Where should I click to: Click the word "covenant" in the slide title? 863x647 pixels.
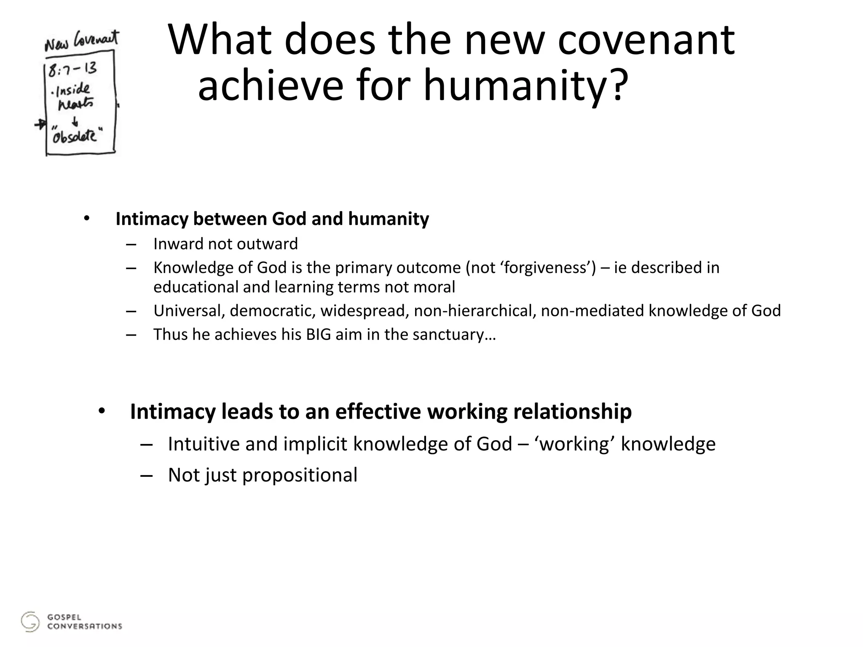pyautogui.click(x=646, y=40)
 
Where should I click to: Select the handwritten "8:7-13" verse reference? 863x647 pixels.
pyautogui.click(x=72, y=69)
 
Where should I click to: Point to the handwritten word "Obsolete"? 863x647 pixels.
pyautogui.click(x=75, y=136)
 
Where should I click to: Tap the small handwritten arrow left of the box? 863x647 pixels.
pyautogui.click(x=40, y=124)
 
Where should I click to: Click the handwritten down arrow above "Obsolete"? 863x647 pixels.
pyautogui.click(x=75, y=122)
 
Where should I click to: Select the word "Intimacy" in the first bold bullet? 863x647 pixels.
pyautogui.click(x=152, y=219)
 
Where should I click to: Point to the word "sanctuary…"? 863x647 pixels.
pyautogui.click(x=454, y=334)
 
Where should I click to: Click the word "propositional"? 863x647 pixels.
pyautogui.click(x=300, y=475)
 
